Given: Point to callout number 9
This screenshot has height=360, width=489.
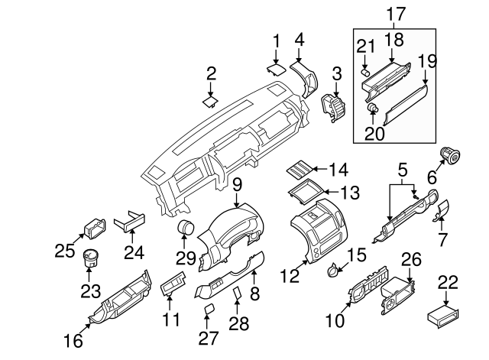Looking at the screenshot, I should [x=237, y=184].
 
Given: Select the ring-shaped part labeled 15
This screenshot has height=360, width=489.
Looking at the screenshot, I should [x=334, y=268].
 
